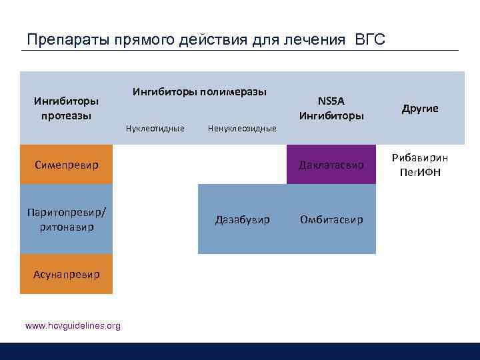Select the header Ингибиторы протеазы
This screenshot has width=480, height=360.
[x=66, y=108]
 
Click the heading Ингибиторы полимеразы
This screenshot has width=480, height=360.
[x=200, y=91]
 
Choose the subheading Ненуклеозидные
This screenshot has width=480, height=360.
[x=242, y=128]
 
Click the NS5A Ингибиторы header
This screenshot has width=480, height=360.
[x=331, y=108]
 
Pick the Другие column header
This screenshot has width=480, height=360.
[x=420, y=108]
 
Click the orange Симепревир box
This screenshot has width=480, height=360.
[x=66, y=164]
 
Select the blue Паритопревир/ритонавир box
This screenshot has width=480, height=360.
[x=66, y=219]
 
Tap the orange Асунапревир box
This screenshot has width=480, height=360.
[x=66, y=274]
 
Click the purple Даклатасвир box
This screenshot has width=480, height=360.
[x=331, y=164]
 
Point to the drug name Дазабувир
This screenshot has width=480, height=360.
[x=242, y=219]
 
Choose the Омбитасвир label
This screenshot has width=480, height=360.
[x=331, y=219]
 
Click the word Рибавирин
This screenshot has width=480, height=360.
[x=420, y=158]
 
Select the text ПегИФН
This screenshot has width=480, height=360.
[x=420, y=173]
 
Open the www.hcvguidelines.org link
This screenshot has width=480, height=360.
[x=73, y=325]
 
